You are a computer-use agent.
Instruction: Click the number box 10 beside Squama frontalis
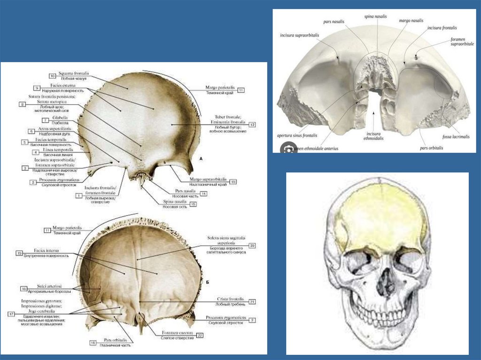52,76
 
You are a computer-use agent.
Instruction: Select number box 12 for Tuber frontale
252,124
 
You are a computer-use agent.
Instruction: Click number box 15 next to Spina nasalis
192,204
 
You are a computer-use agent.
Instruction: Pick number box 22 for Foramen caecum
200,335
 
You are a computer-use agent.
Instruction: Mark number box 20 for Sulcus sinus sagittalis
252,245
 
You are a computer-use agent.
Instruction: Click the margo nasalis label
411,21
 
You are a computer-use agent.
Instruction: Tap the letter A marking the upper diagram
201,159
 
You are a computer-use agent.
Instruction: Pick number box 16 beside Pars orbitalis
93,343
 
